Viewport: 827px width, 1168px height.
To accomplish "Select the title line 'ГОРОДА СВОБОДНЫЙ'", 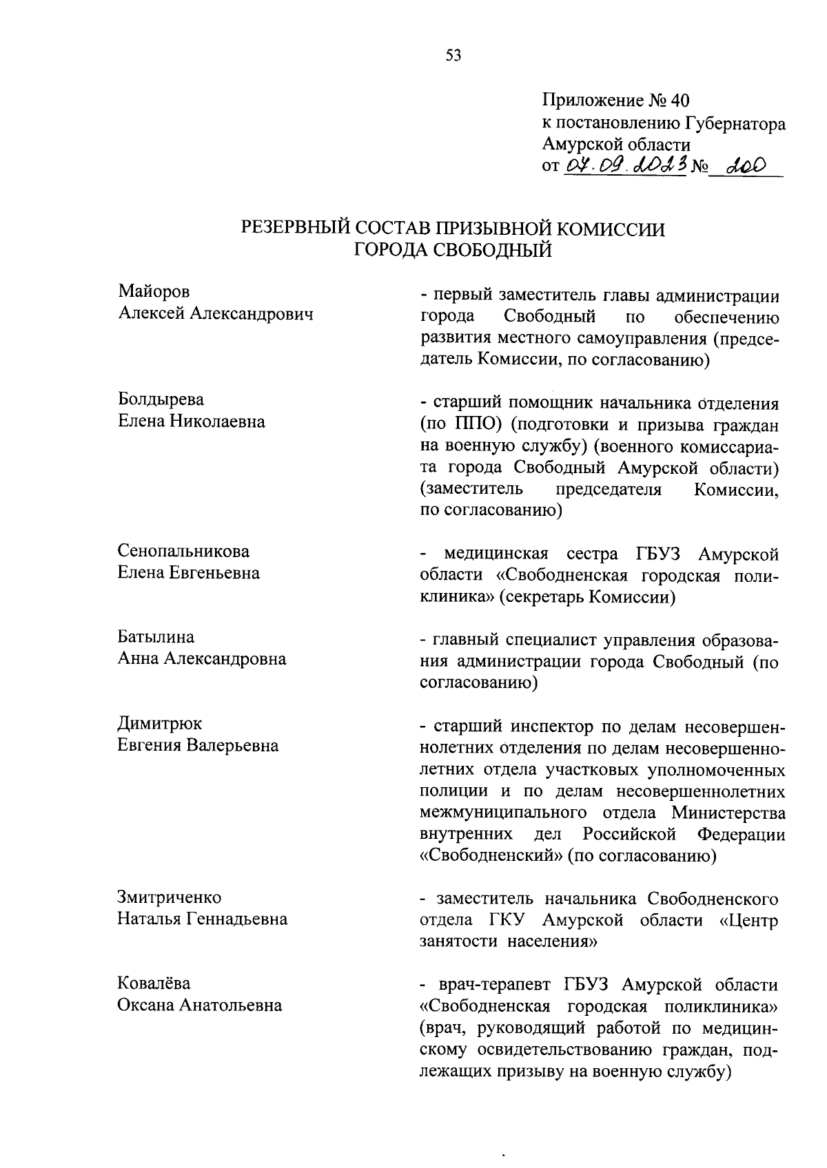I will click(453, 251).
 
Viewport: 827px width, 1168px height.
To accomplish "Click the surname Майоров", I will click(154, 292).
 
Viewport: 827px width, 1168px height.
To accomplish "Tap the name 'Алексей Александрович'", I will click(216, 314).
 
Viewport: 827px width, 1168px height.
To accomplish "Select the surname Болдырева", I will click(161, 400).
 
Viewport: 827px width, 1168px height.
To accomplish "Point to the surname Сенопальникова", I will click(183, 551).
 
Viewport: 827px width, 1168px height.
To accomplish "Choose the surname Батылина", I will click(156, 637).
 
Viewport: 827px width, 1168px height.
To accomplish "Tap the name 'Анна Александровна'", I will click(202, 659).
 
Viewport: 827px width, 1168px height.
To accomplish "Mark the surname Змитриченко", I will click(170, 897).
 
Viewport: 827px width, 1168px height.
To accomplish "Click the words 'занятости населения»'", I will click(508, 941).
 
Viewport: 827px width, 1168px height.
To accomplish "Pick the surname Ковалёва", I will click(154, 983).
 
